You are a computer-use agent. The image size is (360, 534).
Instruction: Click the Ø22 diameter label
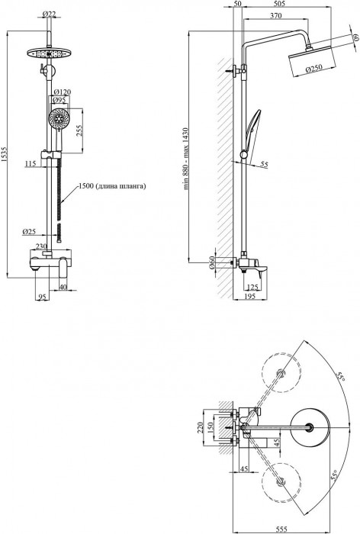click(49, 14)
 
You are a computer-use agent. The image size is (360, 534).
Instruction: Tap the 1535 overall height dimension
click(4, 153)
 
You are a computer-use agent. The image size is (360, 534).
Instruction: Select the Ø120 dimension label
click(62, 92)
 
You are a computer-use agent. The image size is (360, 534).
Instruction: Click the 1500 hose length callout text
click(112, 186)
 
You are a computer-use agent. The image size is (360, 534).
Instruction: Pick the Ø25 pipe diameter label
click(29, 232)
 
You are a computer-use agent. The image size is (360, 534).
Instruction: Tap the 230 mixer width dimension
click(41, 246)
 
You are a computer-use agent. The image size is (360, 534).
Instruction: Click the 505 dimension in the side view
click(279, 4)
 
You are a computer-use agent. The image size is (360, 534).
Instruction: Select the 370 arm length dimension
click(276, 15)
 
